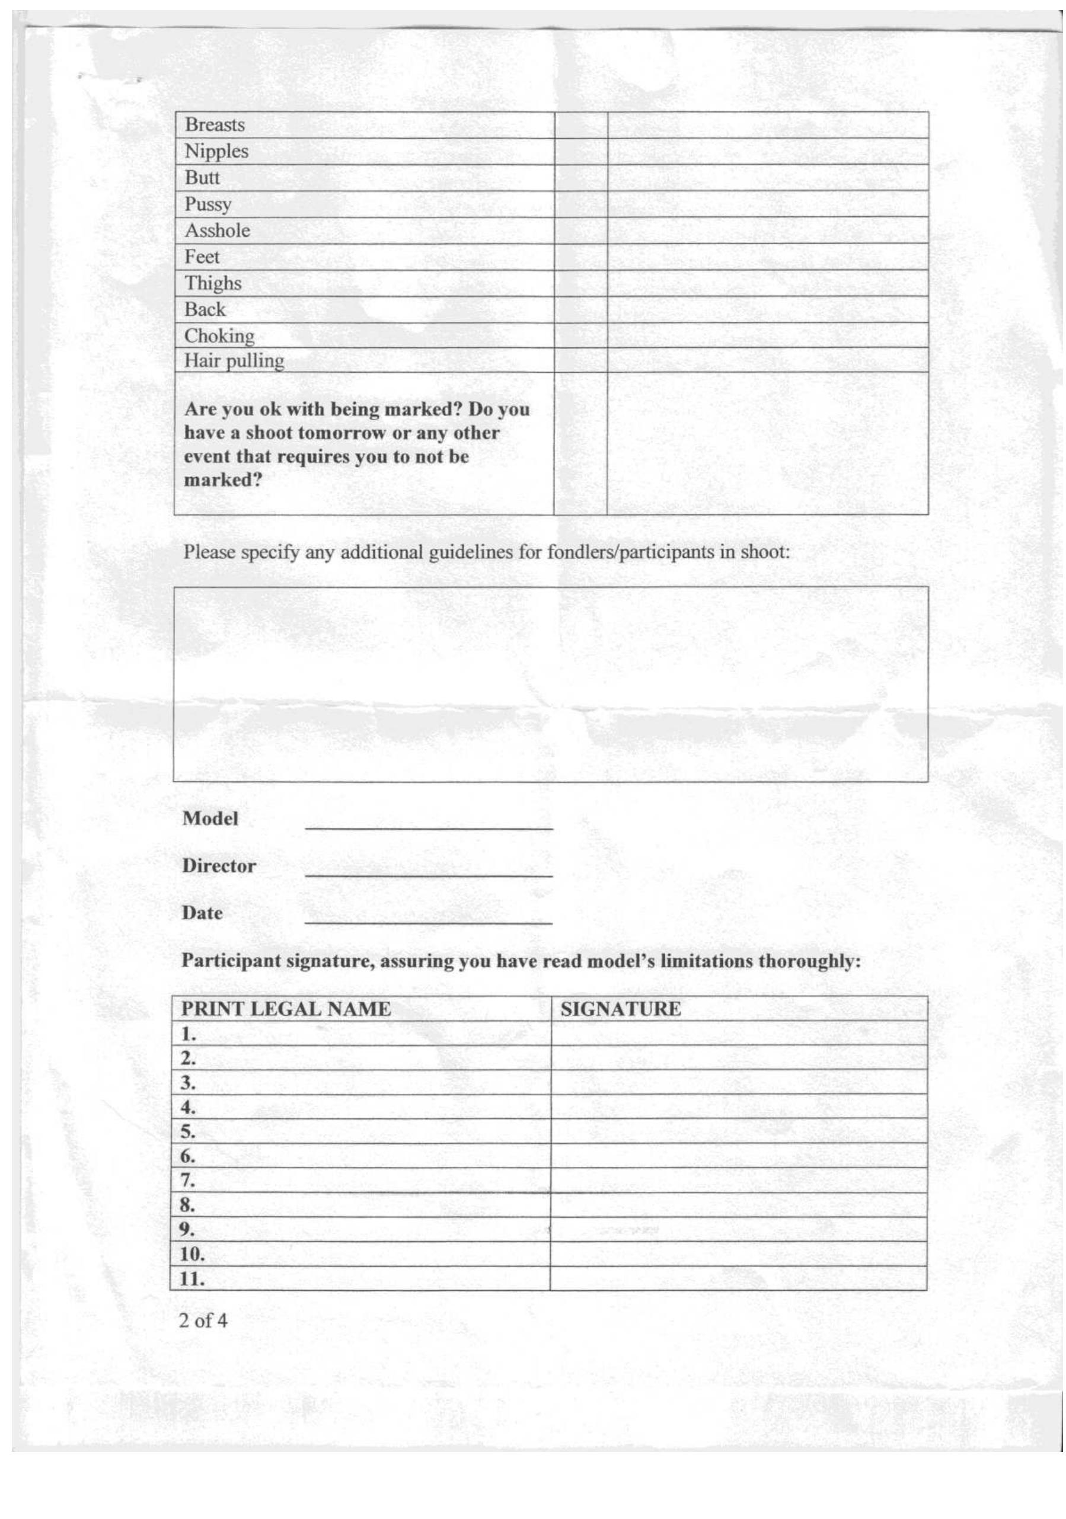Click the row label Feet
(x=202, y=257)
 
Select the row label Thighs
(x=212, y=283)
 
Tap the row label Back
(x=205, y=309)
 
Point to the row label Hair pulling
(x=234, y=360)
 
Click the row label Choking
(x=219, y=336)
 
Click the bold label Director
(x=218, y=866)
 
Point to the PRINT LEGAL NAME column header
(x=286, y=1009)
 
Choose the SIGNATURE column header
(x=620, y=1009)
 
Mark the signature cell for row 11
(x=738, y=1278)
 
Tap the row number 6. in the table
(x=188, y=1156)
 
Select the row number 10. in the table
(x=192, y=1253)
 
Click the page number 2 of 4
(x=203, y=1320)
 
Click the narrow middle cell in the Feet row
(x=580, y=257)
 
